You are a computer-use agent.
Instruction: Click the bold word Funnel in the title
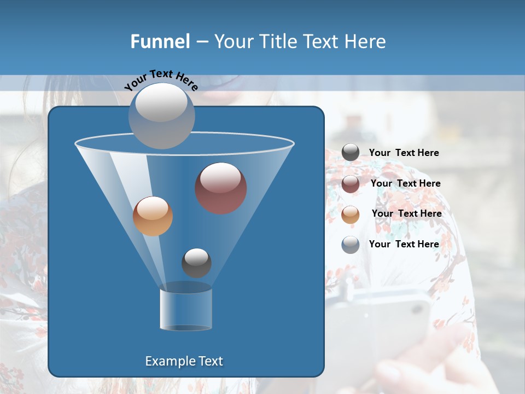160,42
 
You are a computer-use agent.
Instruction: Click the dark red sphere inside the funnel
220,188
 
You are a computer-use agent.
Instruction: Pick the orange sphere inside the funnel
153,216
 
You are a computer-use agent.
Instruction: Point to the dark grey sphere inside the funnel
196,263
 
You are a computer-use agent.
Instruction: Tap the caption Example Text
184,361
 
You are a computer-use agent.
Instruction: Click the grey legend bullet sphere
351,153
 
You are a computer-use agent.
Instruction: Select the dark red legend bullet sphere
351,184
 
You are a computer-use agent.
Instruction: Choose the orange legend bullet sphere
351,214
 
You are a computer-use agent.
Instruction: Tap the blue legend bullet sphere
351,245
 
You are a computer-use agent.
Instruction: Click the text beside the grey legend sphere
404,153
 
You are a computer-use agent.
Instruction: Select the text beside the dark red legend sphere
405,183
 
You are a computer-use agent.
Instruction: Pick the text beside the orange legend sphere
406,213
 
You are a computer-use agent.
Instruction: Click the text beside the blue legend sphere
404,244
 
